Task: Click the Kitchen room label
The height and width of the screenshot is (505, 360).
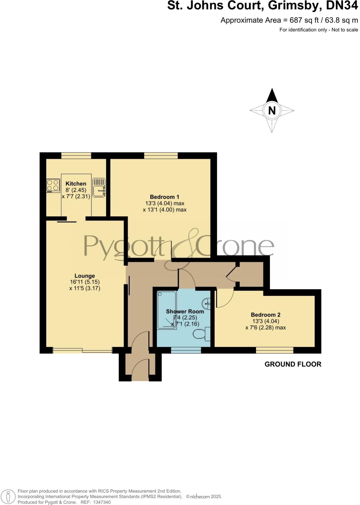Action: [x=76, y=184]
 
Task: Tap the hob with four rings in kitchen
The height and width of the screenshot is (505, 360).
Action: [x=53, y=185]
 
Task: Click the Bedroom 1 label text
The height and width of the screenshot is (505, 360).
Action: [x=165, y=197]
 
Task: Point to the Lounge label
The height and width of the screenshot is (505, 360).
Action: [x=85, y=276]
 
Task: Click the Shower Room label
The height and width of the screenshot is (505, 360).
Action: [x=185, y=311]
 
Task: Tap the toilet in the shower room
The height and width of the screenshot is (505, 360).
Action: [x=201, y=334]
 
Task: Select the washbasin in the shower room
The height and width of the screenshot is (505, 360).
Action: [x=207, y=303]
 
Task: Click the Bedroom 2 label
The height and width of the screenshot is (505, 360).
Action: [x=265, y=315]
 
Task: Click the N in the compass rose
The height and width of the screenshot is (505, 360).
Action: [x=272, y=111]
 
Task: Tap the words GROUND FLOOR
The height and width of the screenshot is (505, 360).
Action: [x=293, y=364]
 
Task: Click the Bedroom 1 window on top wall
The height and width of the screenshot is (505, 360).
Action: [x=161, y=156]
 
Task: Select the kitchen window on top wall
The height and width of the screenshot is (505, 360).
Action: [x=76, y=156]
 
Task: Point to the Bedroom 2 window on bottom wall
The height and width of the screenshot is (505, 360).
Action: [x=275, y=350]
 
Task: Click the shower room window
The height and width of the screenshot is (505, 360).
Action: [x=186, y=350]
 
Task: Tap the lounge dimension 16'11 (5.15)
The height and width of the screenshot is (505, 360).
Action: [x=85, y=282]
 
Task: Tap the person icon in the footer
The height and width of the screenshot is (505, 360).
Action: [x=9, y=497]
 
